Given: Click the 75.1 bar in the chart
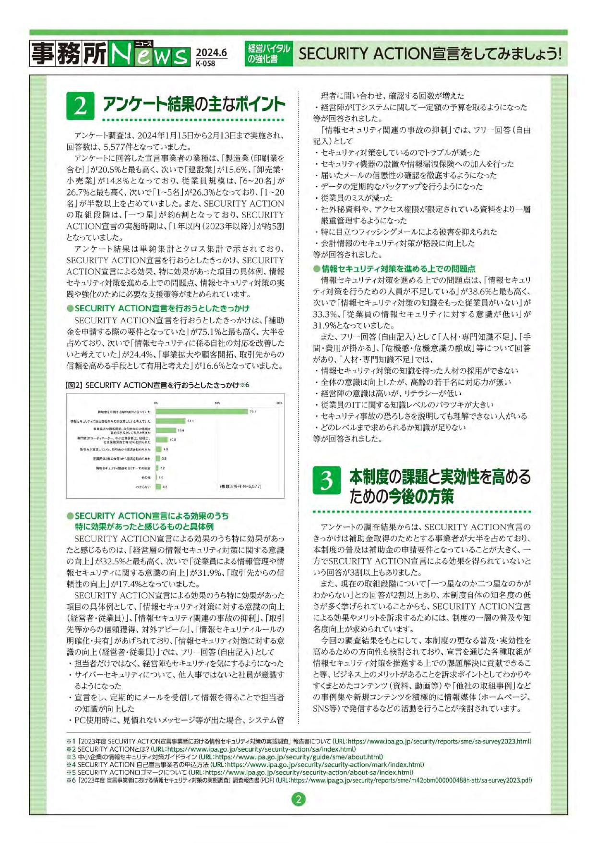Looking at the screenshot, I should (x=202, y=412).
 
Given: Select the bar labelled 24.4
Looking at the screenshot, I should (x=170, y=421).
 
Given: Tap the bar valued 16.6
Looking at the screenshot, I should (x=166, y=430).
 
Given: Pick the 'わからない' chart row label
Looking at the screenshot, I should (x=143, y=487).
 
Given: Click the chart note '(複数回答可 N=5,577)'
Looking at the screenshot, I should (x=240, y=486).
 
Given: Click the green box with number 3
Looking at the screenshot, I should (x=327, y=480).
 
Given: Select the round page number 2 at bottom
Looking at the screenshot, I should (x=298, y=799).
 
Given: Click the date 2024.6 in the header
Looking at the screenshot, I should (x=211, y=52).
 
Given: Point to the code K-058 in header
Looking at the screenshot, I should (x=205, y=63).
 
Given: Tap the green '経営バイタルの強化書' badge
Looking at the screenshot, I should (x=269, y=53).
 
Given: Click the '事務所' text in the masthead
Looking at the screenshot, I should (x=69, y=53).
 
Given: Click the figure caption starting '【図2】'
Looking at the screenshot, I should (x=156, y=385).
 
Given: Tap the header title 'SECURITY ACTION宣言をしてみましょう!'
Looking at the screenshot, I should (x=429, y=53).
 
